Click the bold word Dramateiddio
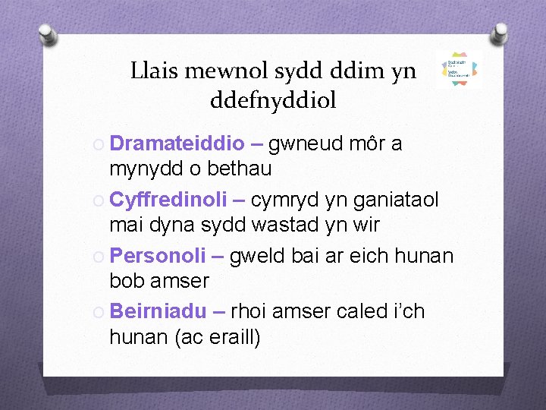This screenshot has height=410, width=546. [177, 143]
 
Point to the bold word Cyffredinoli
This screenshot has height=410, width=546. [168, 199]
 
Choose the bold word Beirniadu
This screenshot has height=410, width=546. [158, 311]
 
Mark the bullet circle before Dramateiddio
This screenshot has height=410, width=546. [99, 144]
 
